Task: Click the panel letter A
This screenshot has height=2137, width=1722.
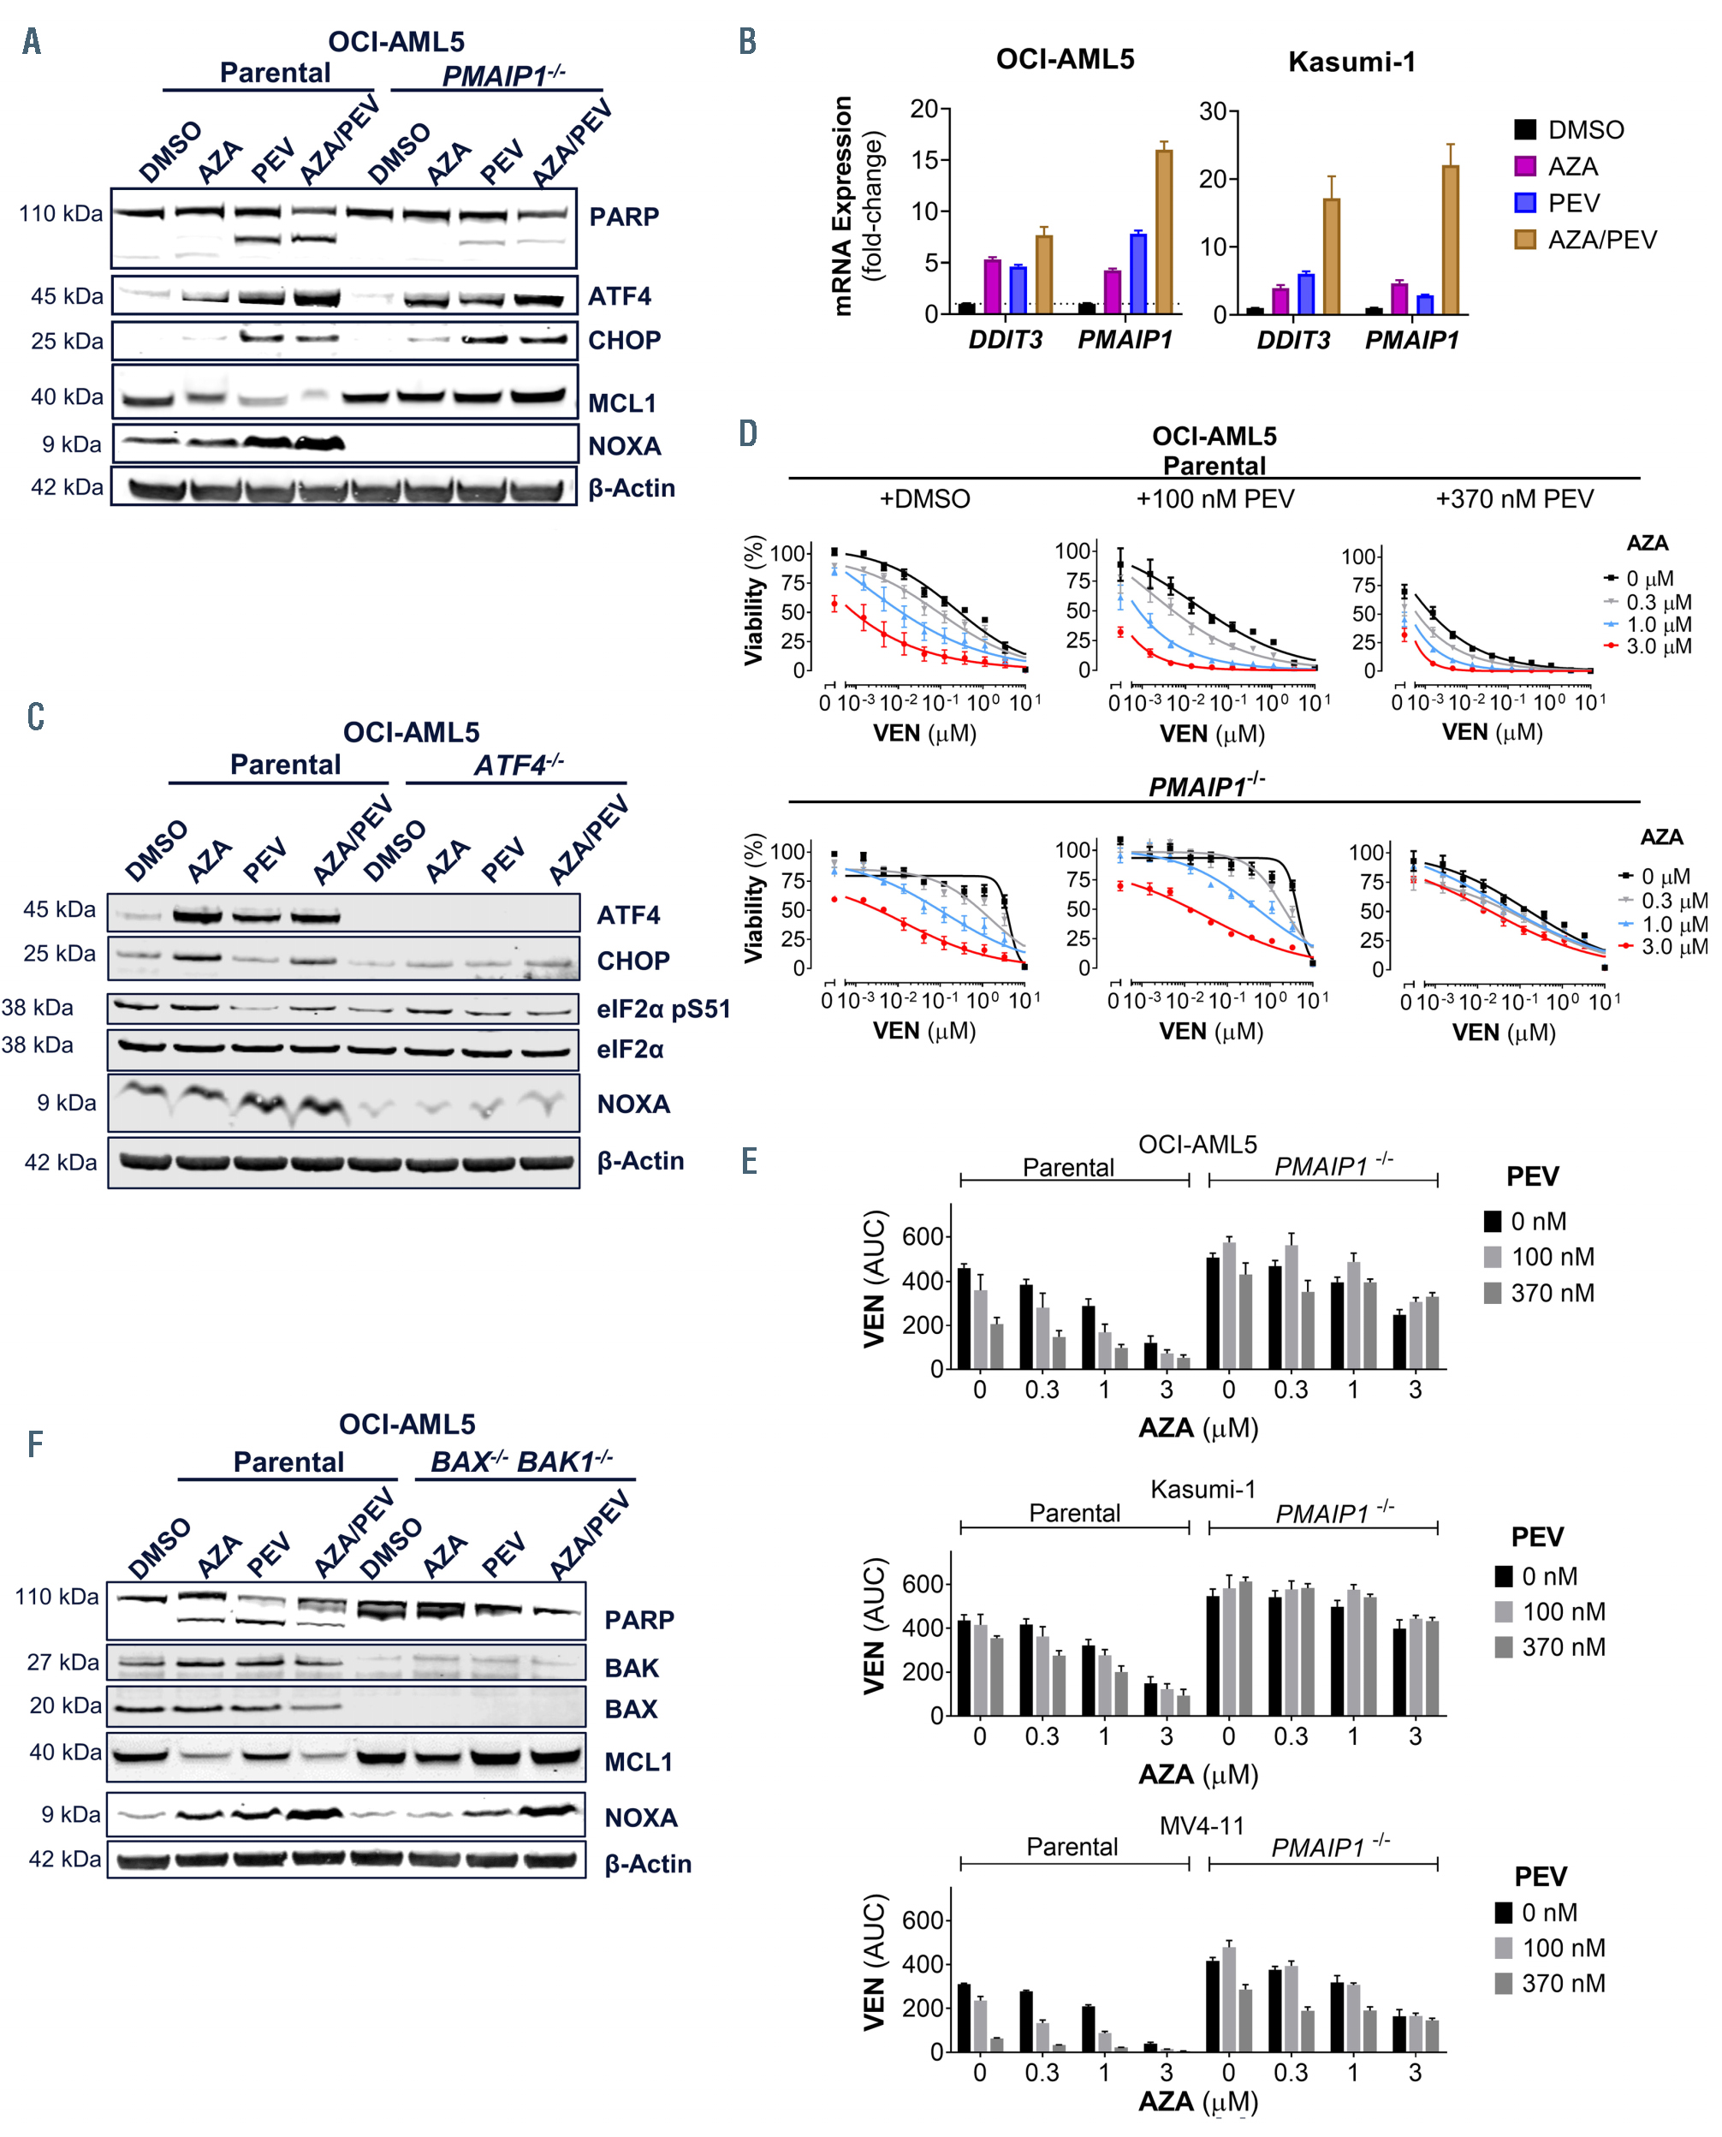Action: pos(32,41)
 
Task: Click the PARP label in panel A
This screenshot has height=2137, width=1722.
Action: pos(623,217)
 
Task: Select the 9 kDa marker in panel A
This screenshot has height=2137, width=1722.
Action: pos(71,443)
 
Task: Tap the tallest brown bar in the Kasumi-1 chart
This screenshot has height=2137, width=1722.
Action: pos(1449,238)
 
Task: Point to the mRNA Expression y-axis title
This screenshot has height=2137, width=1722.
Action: pos(843,206)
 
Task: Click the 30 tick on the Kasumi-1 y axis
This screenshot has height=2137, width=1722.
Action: pos(1212,111)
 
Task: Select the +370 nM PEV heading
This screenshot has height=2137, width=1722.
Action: pos(1514,498)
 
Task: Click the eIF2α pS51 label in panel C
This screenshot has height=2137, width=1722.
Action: pos(662,1009)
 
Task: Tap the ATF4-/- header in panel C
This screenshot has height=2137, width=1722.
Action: pos(518,765)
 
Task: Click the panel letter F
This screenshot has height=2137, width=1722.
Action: pos(35,1444)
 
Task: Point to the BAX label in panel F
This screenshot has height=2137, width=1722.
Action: pos(631,1708)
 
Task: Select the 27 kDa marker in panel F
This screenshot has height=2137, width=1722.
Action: pos(62,1662)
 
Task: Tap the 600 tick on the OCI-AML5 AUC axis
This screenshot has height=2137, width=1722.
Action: pos(922,1236)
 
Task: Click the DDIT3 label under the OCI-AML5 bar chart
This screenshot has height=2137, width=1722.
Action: pos(1005,339)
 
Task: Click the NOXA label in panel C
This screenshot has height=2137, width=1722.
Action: pos(632,1104)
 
